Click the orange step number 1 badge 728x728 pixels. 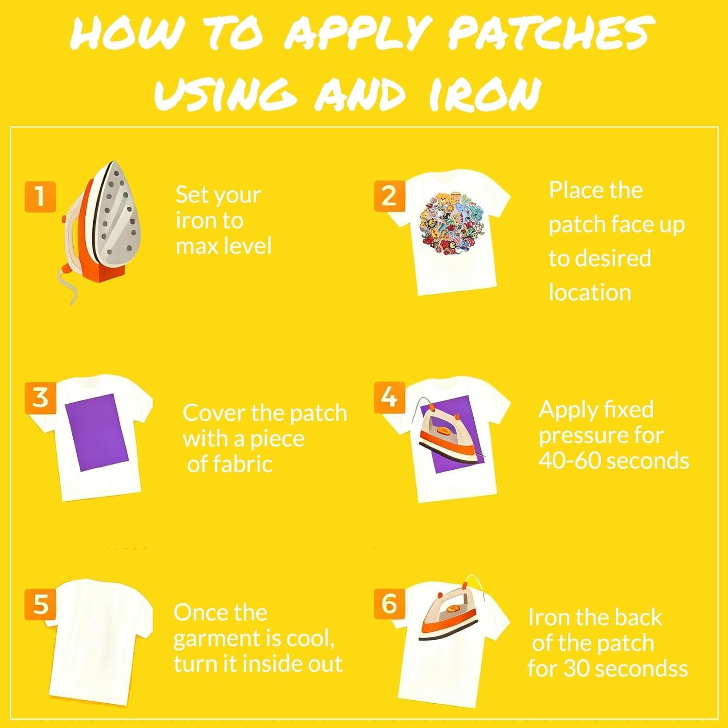(40, 197)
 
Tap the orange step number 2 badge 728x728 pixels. (389, 196)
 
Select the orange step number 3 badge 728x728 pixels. (40, 397)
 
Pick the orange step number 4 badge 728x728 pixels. (389, 397)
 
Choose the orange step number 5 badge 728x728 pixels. (40, 604)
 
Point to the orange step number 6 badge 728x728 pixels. (389, 603)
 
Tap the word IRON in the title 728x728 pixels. (485, 94)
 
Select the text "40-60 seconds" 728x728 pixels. (613, 460)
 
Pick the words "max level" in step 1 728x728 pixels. (223, 246)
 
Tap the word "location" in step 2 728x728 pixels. (590, 293)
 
